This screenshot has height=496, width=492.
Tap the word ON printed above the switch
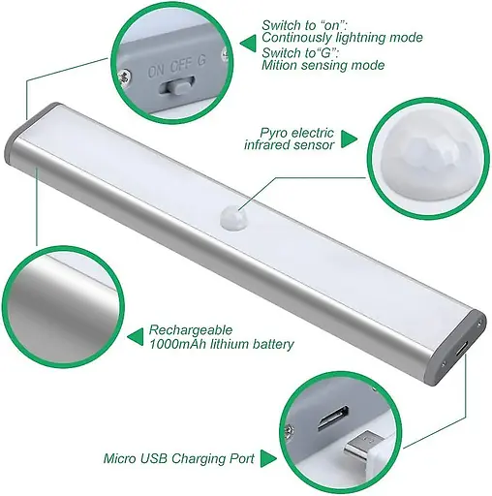[x=156, y=71]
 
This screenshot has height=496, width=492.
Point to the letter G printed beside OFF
[x=201, y=61]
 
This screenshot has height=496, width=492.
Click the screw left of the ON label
[x=123, y=77]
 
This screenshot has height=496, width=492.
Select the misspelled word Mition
[x=278, y=65]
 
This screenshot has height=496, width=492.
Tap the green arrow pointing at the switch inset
[x=248, y=44]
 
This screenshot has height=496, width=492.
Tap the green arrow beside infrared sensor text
[x=349, y=139]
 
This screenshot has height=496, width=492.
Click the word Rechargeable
[x=191, y=330]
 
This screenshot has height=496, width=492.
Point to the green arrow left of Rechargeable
[x=136, y=337]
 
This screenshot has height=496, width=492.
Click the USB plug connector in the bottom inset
[x=363, y=447]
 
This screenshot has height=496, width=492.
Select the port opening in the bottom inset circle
[x=332, y=418]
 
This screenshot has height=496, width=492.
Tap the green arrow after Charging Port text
[x=268, y=458]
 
